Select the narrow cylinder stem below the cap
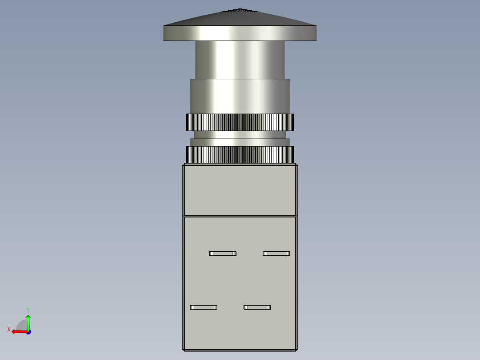click(240, 60)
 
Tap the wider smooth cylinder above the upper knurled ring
click(240, 96)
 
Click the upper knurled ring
click(240, 122)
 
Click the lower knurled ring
click(240, 155)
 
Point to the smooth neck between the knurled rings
click(240, 135)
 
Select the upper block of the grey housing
click(240, 189)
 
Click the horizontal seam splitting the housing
click(240, 216)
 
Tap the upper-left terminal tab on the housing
click(223, 254)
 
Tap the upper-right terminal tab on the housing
click(276, 254)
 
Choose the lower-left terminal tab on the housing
click(203, 307)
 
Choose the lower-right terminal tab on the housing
click(257, 307)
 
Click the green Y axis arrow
click(28, 321)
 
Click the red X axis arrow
click(18, 331)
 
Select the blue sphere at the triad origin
click(28, 331)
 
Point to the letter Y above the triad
click(28, 309)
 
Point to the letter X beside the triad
click(9, 329)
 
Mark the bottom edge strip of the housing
click(240, 350)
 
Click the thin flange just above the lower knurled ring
click(240, 142)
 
